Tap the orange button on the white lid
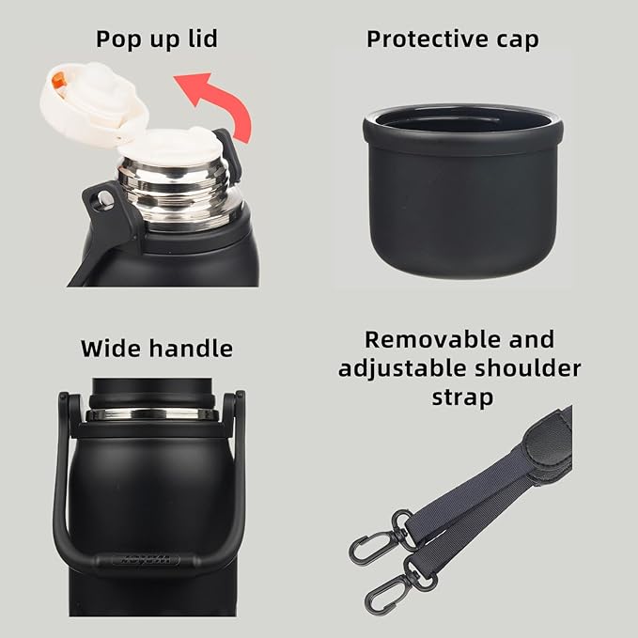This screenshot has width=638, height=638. coord(58,81)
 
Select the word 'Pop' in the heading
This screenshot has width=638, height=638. coord(122,39)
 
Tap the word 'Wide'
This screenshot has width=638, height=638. coord(112,349)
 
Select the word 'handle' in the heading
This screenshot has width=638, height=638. coord(192,349)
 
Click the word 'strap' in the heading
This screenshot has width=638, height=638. coord(462,397)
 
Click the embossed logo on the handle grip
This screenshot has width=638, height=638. coord(146,559)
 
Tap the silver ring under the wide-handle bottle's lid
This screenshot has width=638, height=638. coord(150,414)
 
